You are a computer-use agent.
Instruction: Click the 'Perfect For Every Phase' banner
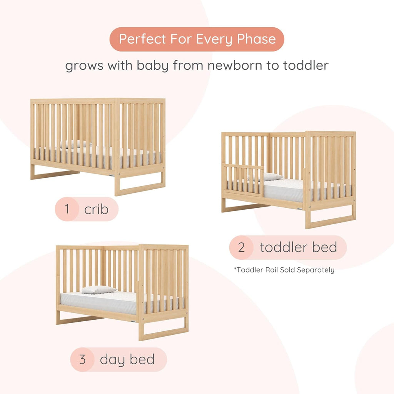coord(197,39)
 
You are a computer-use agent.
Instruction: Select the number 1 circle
coord(67,209)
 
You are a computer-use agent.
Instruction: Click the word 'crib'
coord(96,210)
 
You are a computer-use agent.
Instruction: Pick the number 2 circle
coord(241,247)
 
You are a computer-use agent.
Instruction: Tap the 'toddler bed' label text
coord(298,247)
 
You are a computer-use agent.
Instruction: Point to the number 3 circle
coord(82,360)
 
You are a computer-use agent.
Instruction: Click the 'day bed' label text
coord(127,360)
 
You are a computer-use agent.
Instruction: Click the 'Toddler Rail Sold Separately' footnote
coord(284,270)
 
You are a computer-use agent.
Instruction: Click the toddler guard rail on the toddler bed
coord(243,180)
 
